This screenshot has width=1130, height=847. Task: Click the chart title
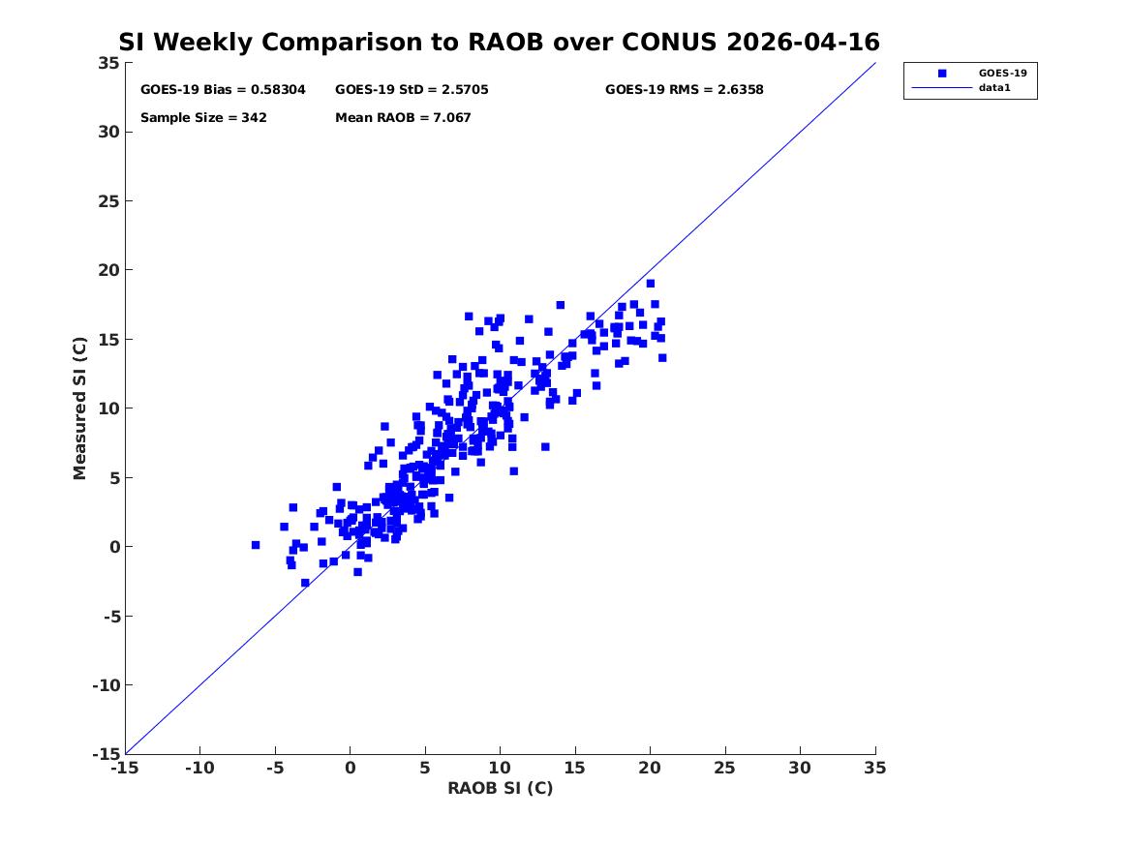pos(499,42)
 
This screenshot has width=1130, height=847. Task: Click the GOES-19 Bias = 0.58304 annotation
pos(223,89)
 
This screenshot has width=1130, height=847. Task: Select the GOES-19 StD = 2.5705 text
pos(412,89)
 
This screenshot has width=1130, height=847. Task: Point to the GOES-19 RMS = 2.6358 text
pos(684,89)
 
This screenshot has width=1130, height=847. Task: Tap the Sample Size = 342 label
pos(203,117)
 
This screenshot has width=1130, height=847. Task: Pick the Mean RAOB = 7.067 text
pos(403,117)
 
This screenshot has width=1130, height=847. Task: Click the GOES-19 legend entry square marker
pos(942,73)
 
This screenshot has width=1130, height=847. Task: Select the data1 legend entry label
pos(994,87)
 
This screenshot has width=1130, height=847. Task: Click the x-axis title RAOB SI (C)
pos(501,788)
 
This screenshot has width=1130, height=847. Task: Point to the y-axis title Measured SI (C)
pos(79,408)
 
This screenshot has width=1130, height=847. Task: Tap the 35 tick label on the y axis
pos(108,63)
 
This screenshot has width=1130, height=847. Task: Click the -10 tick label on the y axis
pos(106,685)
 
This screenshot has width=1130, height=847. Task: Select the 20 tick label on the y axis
pos(108,270)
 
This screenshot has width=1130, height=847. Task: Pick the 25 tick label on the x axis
pos(725,768)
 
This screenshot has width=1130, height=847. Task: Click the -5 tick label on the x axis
pos(275,768)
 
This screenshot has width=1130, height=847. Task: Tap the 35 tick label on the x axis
pos(875,768)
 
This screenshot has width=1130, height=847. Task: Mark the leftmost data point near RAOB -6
pos(255,545)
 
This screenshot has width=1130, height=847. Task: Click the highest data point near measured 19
pos(650,283)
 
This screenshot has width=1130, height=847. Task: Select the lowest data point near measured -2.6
pos(305,583)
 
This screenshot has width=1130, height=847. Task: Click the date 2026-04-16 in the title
pos(803,42)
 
